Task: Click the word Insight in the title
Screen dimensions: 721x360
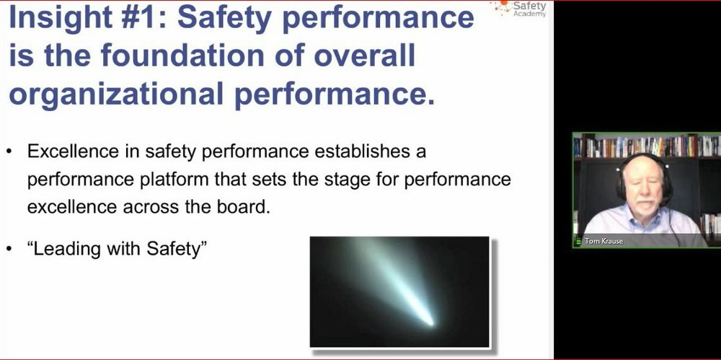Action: pyautogui.click(x=60, y=17)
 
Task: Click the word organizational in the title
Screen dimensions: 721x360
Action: pyautogui.click(x=116, y=95)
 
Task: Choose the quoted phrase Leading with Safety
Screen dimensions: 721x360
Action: pyautogui.click(x=118, y=249)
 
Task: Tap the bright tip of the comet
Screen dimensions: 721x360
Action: pyautogui.click(x=430, y=322)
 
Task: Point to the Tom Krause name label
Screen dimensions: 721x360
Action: pyautogui.click(x=603, y=241)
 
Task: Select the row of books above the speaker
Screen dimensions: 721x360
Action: pyautogui.click(x=647, y=146)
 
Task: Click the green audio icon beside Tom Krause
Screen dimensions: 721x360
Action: pyautogui.click(x=578, y=241)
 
